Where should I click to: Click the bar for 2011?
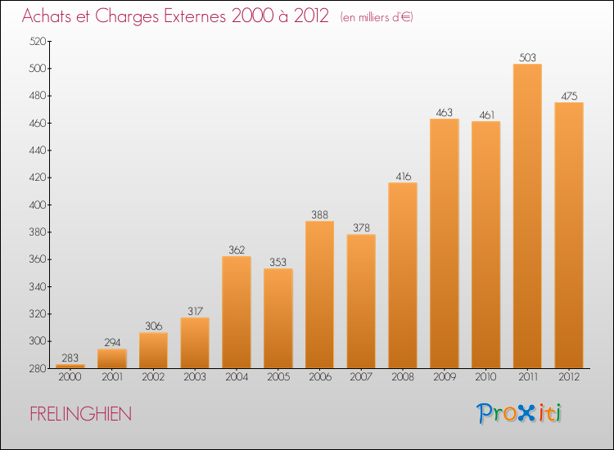coord(527,216)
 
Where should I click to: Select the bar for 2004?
coord(237,313)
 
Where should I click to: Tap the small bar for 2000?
coord(70,367)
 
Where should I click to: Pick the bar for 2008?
coord(403,276)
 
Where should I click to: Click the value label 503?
coord(527,57)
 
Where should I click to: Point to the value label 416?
coord(403,177)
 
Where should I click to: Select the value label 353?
coord(278,262)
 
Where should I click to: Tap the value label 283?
coord(70,358)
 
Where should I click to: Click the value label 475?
coord(569,97)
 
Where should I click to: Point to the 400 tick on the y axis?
coord(38,205)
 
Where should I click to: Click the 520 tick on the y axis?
coord(38,41)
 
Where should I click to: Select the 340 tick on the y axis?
coord(38,286)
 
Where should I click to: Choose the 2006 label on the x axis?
coord(319,376)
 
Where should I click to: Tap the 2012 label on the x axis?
coord(569,376)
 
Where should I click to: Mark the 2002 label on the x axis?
coord(153,376)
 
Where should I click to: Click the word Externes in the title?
coord(195,16)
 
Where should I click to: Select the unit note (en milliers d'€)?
coord(377,17)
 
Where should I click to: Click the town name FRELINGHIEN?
coord(81,414)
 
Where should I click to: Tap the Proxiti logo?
coord(519,413)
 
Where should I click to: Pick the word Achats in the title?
coord(47,16)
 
